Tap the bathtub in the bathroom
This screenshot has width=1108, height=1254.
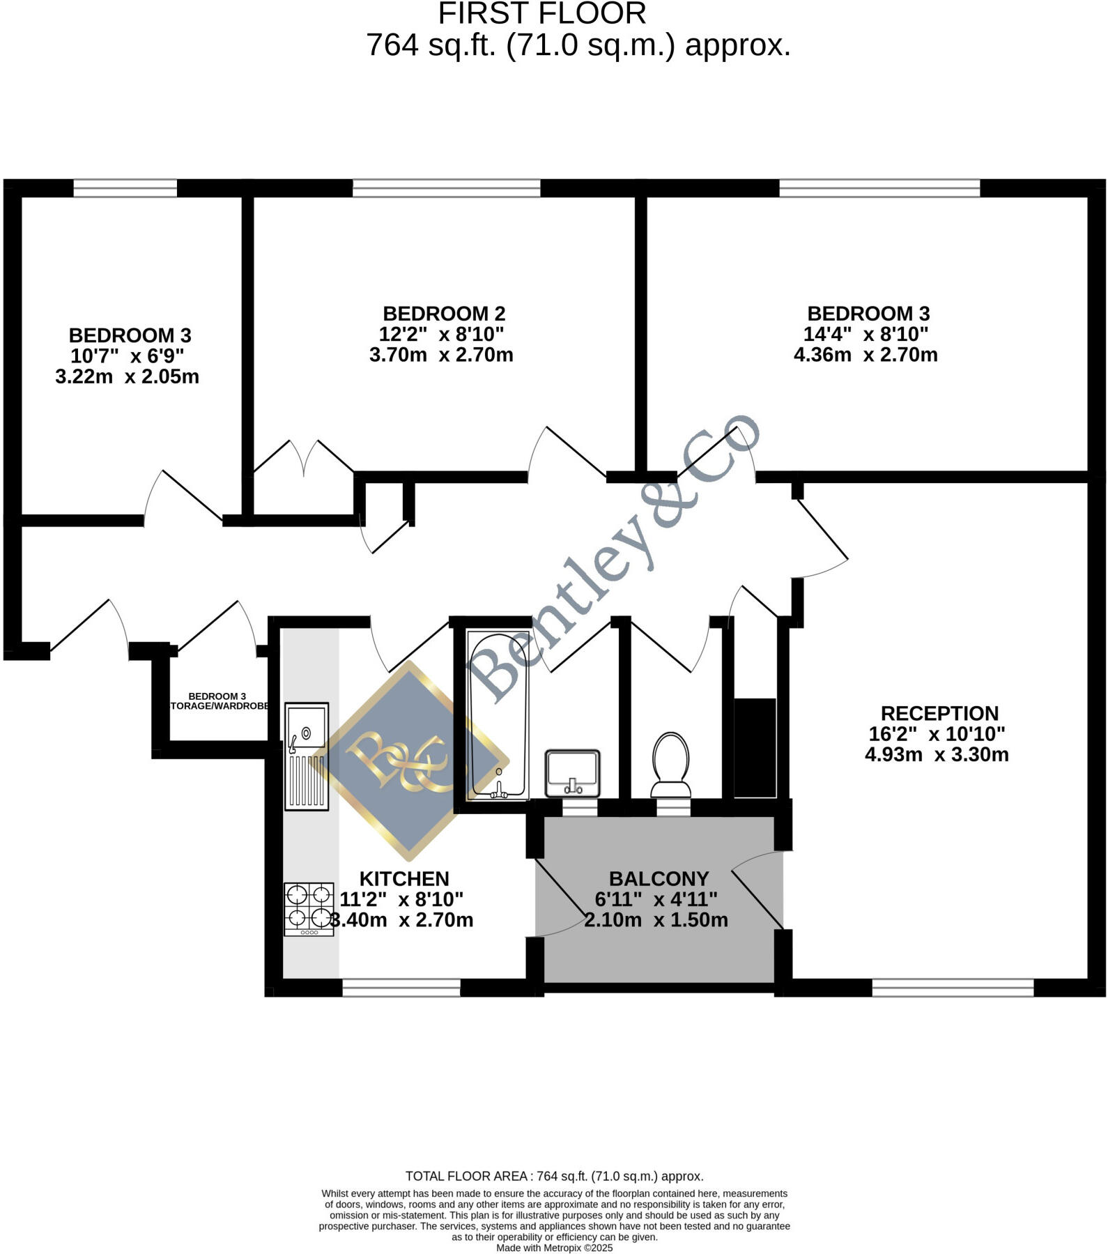coord(498,714)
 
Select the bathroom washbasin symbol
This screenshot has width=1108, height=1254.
coord(572,773)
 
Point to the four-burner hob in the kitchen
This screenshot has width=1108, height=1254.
coord(309,909)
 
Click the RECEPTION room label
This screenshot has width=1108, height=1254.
coord(939,714)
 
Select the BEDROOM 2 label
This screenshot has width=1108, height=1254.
coord(444,314)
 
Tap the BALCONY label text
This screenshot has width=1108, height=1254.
coord(659,879)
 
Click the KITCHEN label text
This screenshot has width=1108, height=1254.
coord(404,879)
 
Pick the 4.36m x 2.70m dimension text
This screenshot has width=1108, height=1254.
coord(865,355)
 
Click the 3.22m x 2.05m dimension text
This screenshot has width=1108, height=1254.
coord(128,377)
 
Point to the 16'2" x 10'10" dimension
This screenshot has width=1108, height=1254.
coord(937,734)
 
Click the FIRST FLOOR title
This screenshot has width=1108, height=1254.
coord(542,14)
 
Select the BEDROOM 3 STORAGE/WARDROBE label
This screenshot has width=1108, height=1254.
coord(218,701)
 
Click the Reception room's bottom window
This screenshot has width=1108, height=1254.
coord(953,987)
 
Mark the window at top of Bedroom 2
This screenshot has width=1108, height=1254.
coord(446,188)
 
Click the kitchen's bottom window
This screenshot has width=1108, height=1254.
coord(401,987)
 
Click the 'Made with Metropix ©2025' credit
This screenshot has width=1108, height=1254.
coord(554,1248)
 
